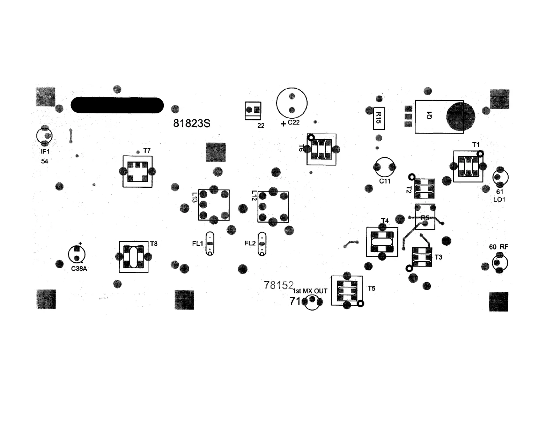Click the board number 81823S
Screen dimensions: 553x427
point(192,123)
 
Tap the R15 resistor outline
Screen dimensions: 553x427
point(379,118)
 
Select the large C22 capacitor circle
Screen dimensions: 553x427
point(292,103)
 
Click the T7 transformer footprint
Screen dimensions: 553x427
point(138,171)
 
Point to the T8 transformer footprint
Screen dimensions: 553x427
point(133,257)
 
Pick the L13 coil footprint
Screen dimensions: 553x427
point(214,205)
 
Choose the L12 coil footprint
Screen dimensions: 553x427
point(273,207)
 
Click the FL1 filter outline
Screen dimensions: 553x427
point(210,244)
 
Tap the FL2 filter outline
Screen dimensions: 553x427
point(262,244)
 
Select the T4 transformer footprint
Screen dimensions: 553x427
point(382,242)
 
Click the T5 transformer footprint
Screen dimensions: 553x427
point(347,291)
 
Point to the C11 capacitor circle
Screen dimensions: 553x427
point(385,167)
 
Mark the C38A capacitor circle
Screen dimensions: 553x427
point(77,254)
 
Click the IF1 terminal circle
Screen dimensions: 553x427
point(44,136)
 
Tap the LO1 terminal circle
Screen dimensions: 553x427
point(500,177)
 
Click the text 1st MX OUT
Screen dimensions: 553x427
point(310,291)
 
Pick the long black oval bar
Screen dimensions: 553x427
point(117,105)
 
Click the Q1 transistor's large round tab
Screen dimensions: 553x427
point(460,117)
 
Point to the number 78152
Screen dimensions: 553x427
point(279,285)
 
